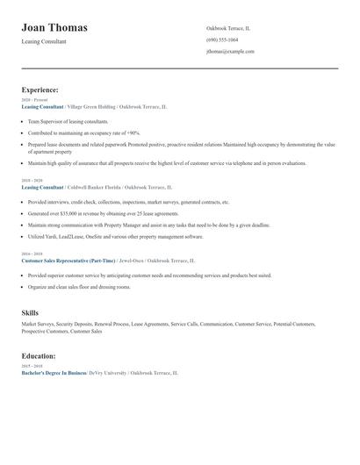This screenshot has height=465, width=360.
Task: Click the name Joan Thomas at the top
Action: pyautogui.click(x=54, y=28)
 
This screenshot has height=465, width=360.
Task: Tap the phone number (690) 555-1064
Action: pyautogui.click(x=222, y=39)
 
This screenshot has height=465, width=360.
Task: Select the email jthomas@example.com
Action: pyautogui.click(x=230, y=52)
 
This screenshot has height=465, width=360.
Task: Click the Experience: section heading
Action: pyautogui.click(x=40, y=89)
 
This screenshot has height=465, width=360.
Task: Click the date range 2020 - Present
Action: pyautogui.click(x=34, y=100)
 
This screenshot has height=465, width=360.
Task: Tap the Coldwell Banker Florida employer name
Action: pyautogui.click(x=94, y=187)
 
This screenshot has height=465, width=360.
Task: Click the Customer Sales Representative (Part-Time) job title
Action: pyautogui.click(x=68, y=261)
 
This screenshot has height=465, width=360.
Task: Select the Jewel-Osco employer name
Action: pyautogui.click(x=131, y=261)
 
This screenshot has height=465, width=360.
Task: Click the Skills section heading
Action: pyautogui.click(x=30, y=312)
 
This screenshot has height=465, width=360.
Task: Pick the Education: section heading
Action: pyautogui.click(x=39, y=356)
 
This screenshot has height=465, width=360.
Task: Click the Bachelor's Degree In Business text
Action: pyautogui.click(x=54, y=373)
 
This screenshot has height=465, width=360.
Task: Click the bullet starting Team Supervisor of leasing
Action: pyautogui.click(x=68, y=121)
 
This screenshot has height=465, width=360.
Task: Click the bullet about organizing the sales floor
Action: pyautogui.click(x=79, y=287)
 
